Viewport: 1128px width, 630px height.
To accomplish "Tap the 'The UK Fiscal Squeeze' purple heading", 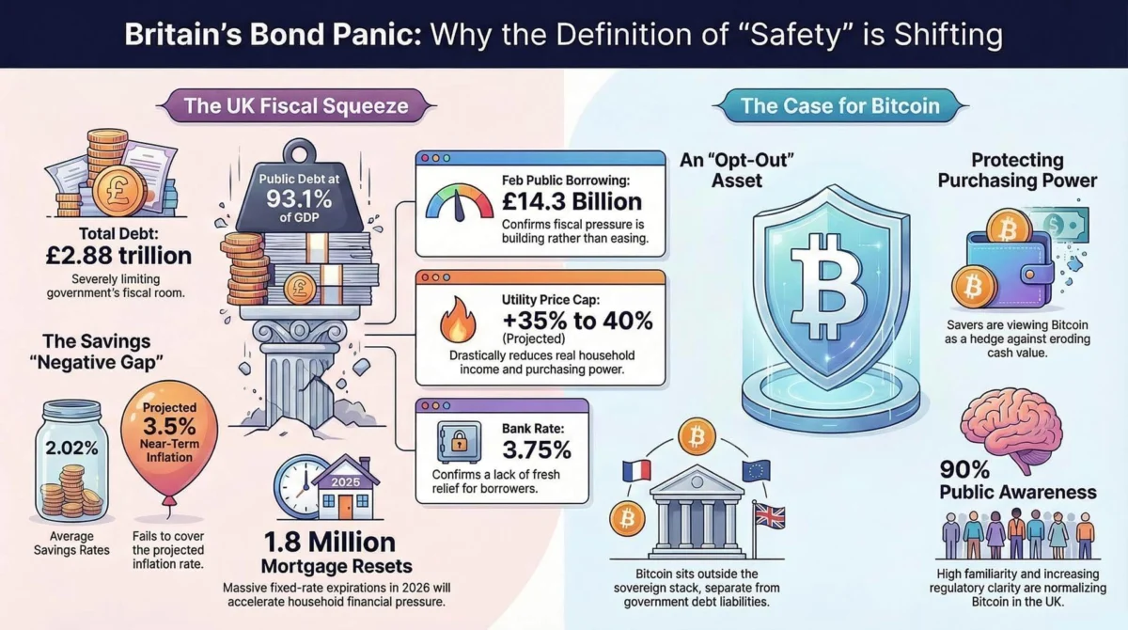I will pos(296,104).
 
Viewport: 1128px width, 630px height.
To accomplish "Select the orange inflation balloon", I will pos(168,442).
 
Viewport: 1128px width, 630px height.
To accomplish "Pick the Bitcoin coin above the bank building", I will pos(697,436).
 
